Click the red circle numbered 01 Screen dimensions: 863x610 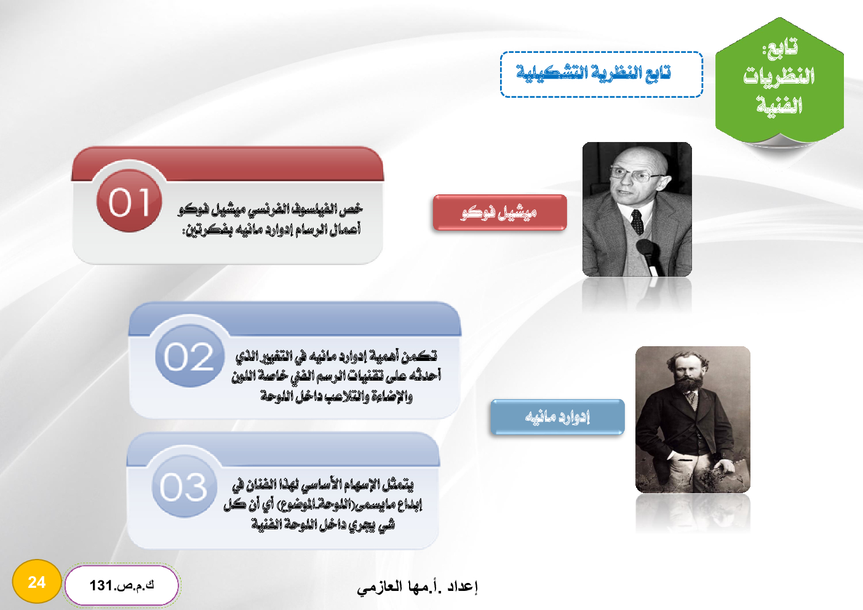click(x=129, y=200)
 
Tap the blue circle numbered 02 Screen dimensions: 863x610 click(x=189, y=355)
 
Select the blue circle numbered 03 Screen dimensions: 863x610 click(x=185, y=486)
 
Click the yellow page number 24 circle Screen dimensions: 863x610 click(x=37, y=582)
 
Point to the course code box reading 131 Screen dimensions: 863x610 click(x=122, y=585)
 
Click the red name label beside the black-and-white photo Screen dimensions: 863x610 click(x=499, y=213)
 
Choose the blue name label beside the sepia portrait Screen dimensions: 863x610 click(x=557, y=417)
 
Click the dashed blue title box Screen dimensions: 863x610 click(x=602, y=74)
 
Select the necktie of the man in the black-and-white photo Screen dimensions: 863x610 click(x=637, y=222)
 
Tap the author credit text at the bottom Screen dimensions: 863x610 click(x=417, y=587)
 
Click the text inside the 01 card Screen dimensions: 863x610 click(x=270, y=220)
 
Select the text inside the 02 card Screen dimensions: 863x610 click(x=336, y=376)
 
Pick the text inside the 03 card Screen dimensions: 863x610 click(x=323, y=504)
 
